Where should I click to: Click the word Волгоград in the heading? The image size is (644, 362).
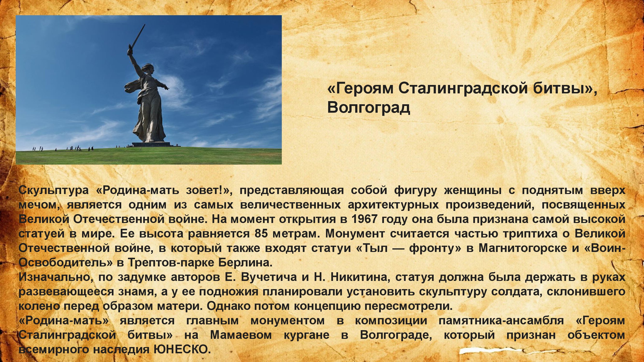click(x=369, y=107)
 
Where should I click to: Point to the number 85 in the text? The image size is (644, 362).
click(x=261, y=233)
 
